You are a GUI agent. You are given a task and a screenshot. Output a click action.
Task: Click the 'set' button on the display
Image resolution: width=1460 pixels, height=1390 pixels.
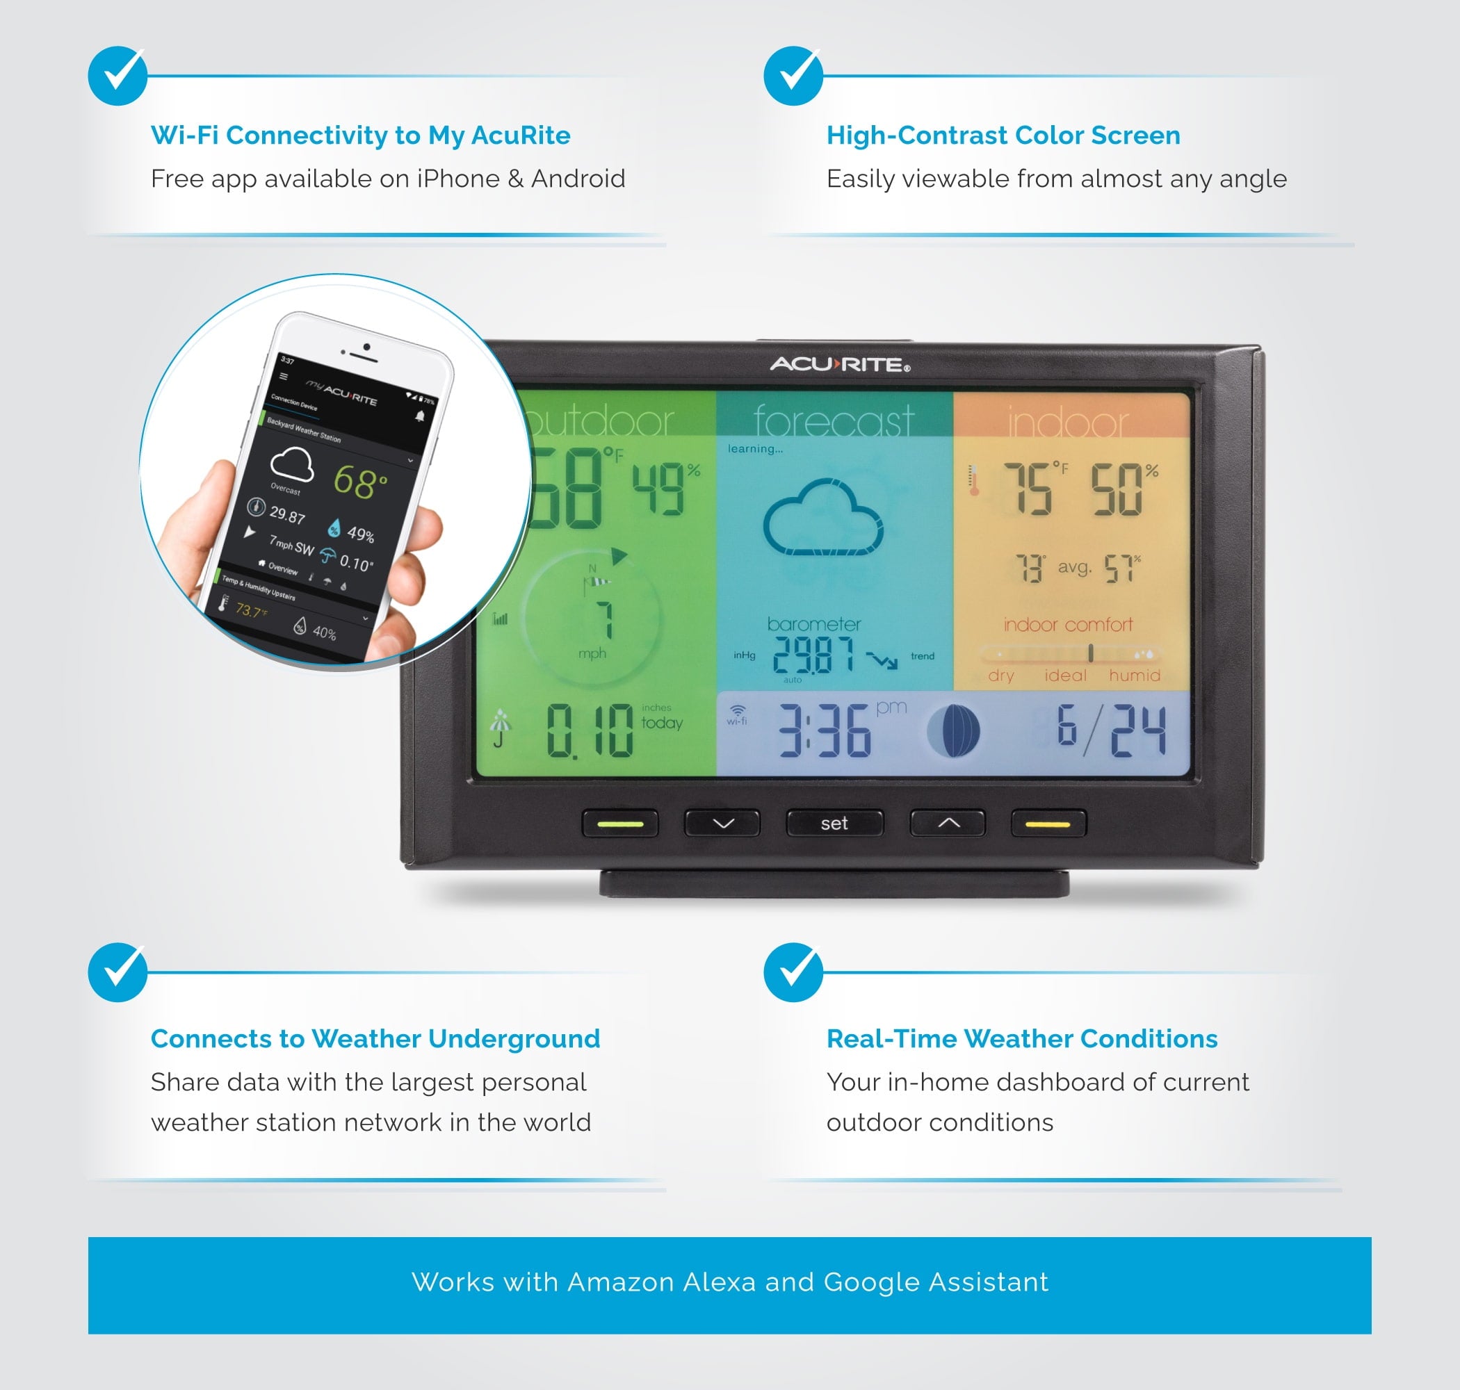(x=834, y=823)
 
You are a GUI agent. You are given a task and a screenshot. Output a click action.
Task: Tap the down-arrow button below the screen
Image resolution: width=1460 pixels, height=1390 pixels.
(x=722, y=823)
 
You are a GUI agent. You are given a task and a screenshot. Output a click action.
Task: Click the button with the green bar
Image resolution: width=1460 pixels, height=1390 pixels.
(x=620, y=823)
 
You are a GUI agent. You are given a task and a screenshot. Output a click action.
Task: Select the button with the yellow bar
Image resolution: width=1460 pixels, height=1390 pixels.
(x=1048, y=823)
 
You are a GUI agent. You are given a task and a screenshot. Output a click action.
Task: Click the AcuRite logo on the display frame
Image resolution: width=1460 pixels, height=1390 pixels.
(x=839, y=365)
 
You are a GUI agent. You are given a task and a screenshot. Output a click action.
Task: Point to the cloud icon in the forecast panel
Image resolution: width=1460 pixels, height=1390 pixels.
(x=822, y=518)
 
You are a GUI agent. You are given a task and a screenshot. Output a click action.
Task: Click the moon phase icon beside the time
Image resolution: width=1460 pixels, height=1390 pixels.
(x=954, y=730)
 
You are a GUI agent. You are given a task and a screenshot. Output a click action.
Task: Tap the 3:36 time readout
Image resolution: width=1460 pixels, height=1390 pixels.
(x=824, y=731)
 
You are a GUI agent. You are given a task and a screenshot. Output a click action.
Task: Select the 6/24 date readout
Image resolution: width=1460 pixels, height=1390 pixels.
(x=1111, y=730)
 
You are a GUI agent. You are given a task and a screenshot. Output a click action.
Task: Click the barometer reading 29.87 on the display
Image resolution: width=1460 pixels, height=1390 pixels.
(x=813, y=655)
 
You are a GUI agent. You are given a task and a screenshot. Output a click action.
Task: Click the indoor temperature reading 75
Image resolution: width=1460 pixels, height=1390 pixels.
(x=1028, y=489)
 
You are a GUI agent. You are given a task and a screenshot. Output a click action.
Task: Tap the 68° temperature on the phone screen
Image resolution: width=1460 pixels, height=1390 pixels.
(x=359, y=481)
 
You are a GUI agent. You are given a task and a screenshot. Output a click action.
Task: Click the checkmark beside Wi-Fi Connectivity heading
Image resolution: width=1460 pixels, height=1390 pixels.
(x=117, y=76)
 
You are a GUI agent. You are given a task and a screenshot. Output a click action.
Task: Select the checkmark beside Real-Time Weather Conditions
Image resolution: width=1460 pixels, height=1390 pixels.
(x=793, y=972)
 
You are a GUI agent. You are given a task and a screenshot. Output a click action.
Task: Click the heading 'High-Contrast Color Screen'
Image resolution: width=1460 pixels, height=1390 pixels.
(x=1003, y=136)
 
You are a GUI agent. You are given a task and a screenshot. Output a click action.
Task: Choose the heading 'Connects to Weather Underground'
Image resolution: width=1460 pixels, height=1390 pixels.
(x=375, y=1039)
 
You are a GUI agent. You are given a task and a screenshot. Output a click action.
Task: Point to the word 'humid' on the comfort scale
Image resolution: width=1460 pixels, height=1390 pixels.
(x=1134, y=675)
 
